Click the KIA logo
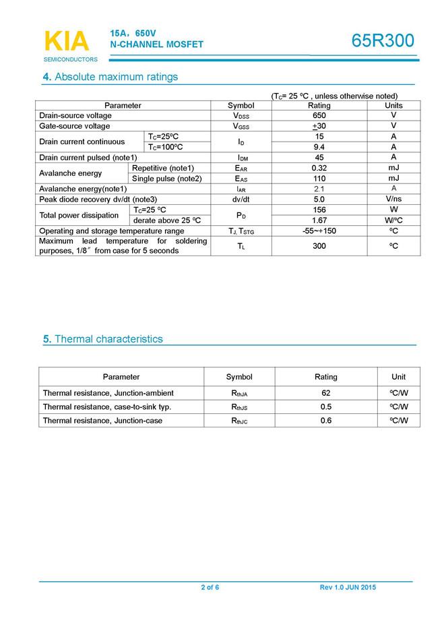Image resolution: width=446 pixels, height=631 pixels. coord(67,41)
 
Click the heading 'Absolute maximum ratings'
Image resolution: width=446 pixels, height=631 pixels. coord(116,77)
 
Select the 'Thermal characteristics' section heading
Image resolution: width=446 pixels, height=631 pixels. coord(108,339)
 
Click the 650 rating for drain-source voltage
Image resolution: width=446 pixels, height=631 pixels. coord(319,115)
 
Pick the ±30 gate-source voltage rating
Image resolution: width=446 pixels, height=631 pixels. coord(319,126)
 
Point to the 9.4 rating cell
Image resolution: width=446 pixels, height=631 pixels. coord(319,147)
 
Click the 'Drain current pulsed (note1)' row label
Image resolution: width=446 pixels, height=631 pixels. coord(88,158)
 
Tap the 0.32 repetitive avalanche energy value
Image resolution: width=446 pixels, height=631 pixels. coord(319,168)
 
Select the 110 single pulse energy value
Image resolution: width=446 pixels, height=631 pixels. coord(319,178)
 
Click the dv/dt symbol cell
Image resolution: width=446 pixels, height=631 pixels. coord(241,200)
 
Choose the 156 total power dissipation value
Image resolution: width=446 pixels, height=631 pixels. coord(319,210)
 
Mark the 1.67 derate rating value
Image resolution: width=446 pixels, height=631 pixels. coord(319,220)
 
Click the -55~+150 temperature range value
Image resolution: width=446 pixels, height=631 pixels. coord(319,231)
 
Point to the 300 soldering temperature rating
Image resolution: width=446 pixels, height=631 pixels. coord(319,246)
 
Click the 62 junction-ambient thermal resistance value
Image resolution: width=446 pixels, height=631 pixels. coord(326,393)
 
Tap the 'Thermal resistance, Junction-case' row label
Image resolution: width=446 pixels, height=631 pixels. coord(102,421)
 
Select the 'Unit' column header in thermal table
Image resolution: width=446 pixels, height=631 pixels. coord(399,377)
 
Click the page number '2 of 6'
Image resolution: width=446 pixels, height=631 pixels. coord(210,588)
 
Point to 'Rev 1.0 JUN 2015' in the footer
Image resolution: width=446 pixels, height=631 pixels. coord(348,588)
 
